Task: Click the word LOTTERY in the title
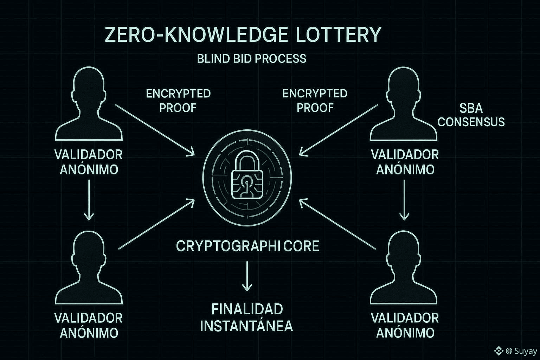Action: (338, 35)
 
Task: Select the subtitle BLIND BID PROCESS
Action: (251, 58)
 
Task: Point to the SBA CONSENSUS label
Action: (471, 115)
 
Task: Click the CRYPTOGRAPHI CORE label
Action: (247, 246)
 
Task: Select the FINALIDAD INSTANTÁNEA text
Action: (246, 318)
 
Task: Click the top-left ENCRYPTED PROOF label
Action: (178, 101)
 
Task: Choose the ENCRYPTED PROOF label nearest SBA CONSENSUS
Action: (315, 101)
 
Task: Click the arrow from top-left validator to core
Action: (155, 129)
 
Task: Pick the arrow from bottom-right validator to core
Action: (337, 224)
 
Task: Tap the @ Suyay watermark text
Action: (521, 351)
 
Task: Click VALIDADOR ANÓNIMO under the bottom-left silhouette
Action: (89, 325)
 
